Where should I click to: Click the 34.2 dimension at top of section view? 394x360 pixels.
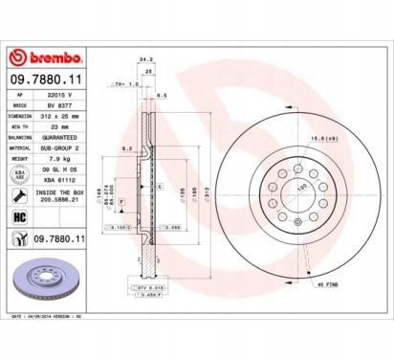point(145,61)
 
